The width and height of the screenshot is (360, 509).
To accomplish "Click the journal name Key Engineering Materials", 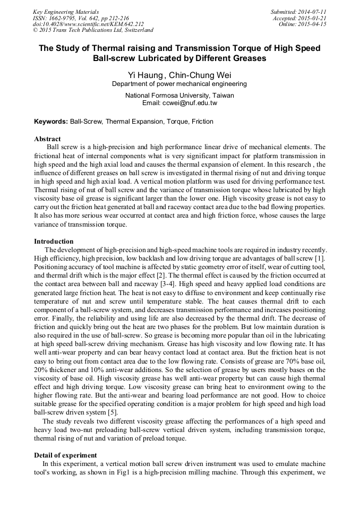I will coord(66,12).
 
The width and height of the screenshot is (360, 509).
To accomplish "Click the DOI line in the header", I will coord(88,24).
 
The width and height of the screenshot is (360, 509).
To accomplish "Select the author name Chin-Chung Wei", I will coord(200,74).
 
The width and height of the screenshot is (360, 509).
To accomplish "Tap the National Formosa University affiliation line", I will coord(179,96).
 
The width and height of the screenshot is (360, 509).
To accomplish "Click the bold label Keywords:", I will coord(51,122).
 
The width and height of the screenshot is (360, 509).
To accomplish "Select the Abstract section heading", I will coord(47,139).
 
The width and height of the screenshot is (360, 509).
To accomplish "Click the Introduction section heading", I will coord(54,241).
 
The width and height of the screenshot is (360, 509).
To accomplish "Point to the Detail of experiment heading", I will coord(65,455).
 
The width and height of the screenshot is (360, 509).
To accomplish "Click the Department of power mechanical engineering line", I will coord(179,84).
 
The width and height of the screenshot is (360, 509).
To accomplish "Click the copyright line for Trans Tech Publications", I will coord(93,31).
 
